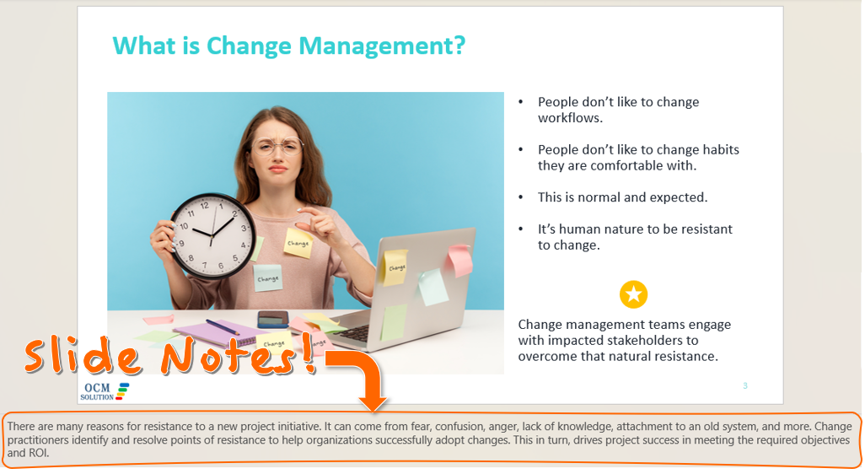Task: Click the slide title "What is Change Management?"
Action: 289,46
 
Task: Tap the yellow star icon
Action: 633,294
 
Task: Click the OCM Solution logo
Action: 105,391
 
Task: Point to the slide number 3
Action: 744,385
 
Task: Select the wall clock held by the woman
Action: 213,235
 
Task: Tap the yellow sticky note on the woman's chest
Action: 298,243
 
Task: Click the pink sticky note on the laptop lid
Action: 460,261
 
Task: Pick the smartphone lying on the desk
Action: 273,319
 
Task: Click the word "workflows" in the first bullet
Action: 571,117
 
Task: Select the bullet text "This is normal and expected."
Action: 623,197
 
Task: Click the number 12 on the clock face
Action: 205,206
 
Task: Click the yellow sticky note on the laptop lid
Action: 395,267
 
